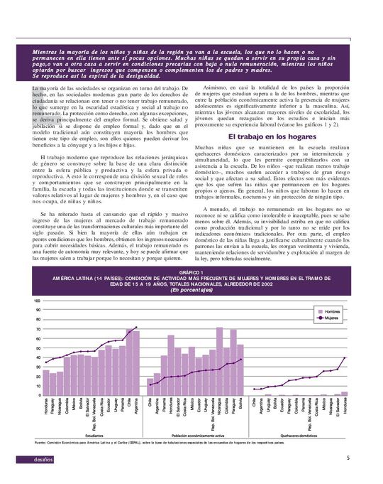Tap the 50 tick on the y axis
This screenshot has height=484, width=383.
coord(37,348)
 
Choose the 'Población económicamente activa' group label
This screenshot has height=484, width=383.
coord(197,435)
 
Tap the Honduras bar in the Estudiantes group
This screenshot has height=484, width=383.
coord(46,382)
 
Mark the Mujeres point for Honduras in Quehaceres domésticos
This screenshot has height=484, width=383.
coord(345,358)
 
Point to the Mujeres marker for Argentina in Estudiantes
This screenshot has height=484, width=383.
coord(136,328)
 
